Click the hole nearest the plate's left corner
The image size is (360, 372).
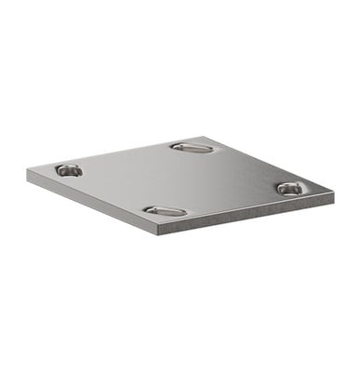(x=68, y=170)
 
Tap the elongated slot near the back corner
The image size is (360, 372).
(x=192, y=147)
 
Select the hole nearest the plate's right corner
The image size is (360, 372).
(x=289, y=188)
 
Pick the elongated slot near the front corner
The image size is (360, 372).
(x=165, y=211)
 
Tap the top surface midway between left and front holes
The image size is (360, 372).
(x=116, y=191)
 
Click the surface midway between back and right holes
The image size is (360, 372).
(x=240, y=167)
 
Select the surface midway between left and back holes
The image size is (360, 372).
(x=130, y=158)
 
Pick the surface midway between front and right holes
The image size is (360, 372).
(x=227, y=200)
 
